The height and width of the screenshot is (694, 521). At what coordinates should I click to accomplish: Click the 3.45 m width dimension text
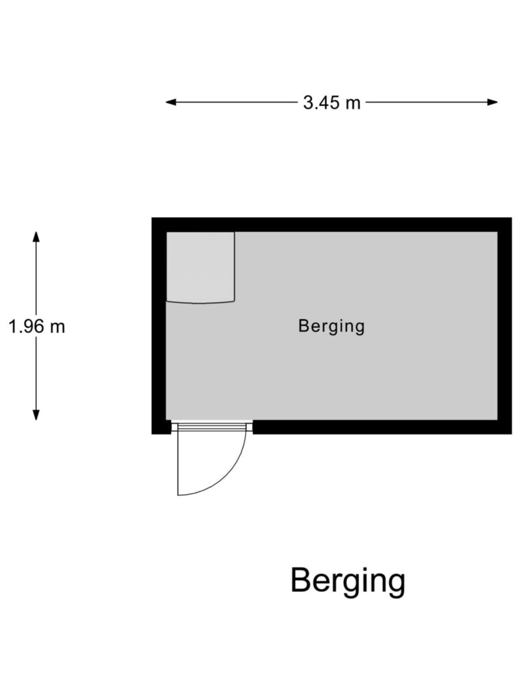pos(331,102)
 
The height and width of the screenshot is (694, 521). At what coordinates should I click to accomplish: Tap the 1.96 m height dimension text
pos(36,326)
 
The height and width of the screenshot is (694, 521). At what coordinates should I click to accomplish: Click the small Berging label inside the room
pos(331,326)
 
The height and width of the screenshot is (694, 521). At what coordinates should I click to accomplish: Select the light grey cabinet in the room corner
pos(200,266)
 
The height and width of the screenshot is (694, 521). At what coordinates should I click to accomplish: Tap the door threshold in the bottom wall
pos(212,425)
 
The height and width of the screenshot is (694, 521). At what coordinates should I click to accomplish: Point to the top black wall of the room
pos(331,224)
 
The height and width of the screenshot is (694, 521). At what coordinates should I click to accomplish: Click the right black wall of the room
pos(505,325)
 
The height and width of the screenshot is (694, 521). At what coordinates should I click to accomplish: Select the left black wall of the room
pos(159,325)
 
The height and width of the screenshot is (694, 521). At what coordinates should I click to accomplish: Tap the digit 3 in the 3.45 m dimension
pos(307,102)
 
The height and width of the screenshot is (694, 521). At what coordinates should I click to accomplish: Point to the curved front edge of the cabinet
pos(201,302)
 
